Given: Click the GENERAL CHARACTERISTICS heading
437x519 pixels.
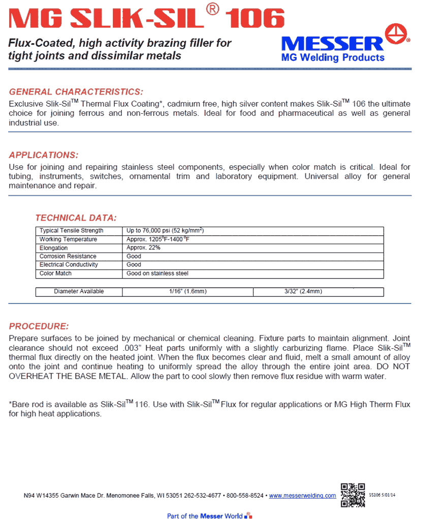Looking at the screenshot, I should tap(76, 92).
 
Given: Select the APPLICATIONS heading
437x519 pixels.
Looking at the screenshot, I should tap(44, 155).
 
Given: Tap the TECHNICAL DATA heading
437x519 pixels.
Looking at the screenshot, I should tap(76, 218).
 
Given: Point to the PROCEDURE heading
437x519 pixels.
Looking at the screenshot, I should tap(39, 326).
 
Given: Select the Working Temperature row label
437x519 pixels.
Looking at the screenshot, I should tap(68, 239).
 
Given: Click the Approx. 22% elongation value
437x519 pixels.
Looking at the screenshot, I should tap(143, 248).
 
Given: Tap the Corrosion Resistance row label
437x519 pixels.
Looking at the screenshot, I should tap(68, 257).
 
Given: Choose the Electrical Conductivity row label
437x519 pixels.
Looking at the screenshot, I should tap(69, 265).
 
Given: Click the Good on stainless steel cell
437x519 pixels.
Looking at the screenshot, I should tap(157, 273).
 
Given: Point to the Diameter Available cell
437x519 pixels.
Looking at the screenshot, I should tap(79, 292).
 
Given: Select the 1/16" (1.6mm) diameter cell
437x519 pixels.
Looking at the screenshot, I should tap(188, 292).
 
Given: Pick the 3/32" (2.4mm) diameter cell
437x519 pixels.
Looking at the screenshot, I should tap(303, 292).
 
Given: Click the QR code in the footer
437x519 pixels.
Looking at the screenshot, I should tap(353, 495).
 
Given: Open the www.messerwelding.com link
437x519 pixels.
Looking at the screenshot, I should tap(302, 496).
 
